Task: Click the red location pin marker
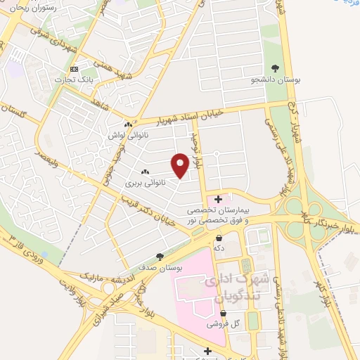click(x=180, y=165)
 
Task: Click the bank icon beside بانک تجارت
click(x=75, y=68)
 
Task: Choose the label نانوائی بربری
click(x=145, y=183)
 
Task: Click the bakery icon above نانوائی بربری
click(x=145, y=172)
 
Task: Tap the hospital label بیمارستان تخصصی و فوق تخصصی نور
click(x=218, y=215)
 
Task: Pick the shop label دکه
click(x=219, y=247)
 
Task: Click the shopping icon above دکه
click(x=219, y=237)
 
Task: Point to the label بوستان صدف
click(x=161, y=267)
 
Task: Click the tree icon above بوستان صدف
click(x=161, y=256)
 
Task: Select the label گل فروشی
click(x=221, y=325)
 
